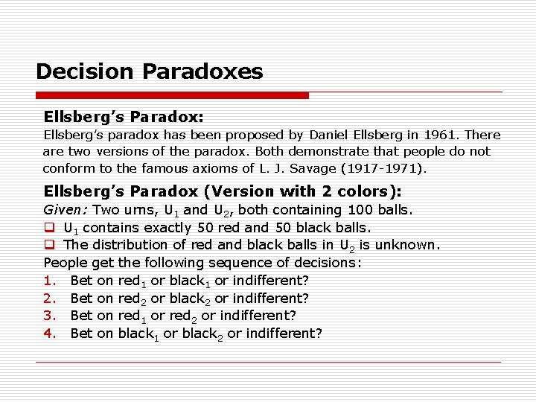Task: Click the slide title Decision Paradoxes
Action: point(149,71)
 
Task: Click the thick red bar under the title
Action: point(172,95)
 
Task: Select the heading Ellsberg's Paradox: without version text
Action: point(124,117)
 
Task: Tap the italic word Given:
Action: point(66,210)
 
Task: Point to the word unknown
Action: point(409,245)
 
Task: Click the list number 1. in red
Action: point(50,281)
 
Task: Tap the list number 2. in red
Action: point(50,299)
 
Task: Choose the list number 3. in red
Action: point(50,316)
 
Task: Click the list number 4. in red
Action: point(50,334)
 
